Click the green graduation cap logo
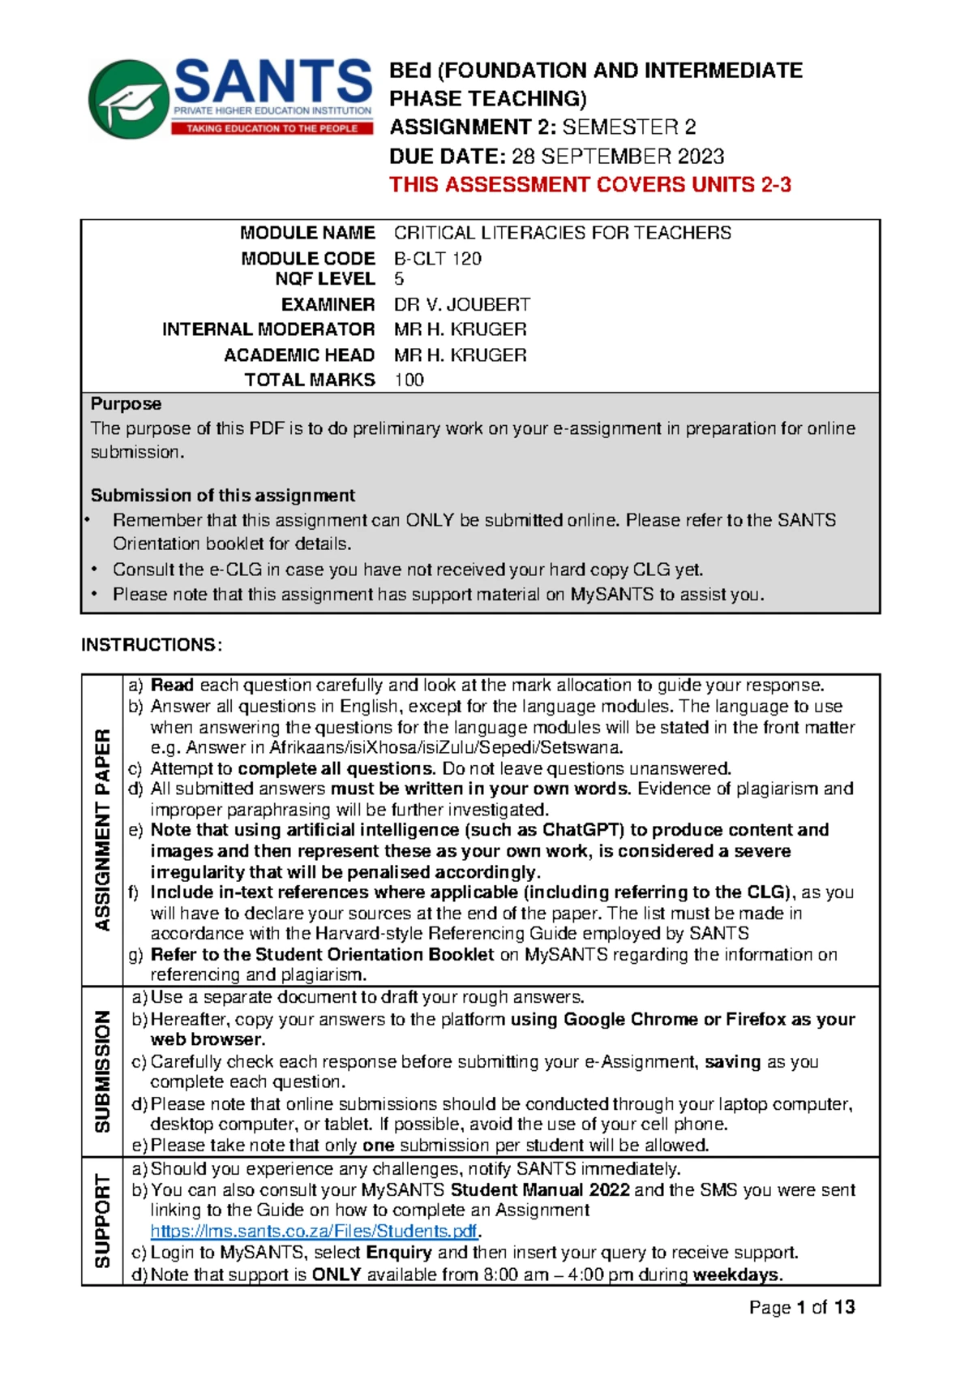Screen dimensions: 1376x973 click(x=130, y=99)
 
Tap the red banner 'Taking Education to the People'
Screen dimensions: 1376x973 click(x=272, y=128)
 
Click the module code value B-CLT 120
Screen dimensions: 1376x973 click(x=437, y=259)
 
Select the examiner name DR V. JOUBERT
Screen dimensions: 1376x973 click(x=461, y=304)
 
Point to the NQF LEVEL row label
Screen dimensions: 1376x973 click(x=324, y=279)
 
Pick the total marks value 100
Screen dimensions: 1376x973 click(x=409, y=380)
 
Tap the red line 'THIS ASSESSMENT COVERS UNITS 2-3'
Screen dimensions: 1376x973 click(x=589, y=185)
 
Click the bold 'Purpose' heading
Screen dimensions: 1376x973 click(x=126, y=404)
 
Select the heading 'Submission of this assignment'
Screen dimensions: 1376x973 click(x=222, y=496)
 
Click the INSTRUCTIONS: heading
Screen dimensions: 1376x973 click(x=151, y=645)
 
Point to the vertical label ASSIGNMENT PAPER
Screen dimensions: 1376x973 click(x=102, y=829)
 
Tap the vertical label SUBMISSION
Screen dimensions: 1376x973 click(x=102, y=1071)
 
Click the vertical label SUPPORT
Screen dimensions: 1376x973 click(x=102, y=1220)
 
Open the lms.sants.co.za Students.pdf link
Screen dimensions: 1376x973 click(x=314, y=1232)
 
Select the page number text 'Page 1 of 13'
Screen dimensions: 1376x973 click(x=802, y=1307)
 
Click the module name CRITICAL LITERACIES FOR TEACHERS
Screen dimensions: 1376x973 click(x=562, y=233)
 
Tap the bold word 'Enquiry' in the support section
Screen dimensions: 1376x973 click(x=399, y=1253)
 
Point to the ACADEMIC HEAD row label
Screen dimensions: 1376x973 click(x=299, y=355)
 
